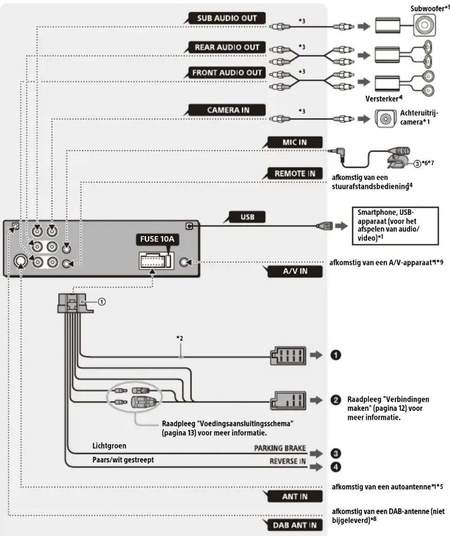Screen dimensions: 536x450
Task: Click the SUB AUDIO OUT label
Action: [x=227, y=18]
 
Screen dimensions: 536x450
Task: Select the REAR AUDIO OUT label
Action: [x=227, y=47]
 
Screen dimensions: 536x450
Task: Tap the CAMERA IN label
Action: [x=228, y=110]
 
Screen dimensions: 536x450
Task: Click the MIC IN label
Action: [x=294, y=142]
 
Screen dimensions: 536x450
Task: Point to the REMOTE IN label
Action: [x=294, y=173]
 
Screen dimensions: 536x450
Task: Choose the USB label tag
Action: [x=247, y=217]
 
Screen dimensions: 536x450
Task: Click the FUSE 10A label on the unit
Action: [x=157, y=239]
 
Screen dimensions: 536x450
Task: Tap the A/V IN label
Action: [x=295, y=271]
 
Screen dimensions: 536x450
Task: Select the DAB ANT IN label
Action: [x=294, y=525]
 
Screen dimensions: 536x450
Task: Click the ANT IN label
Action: [x=294, y=497]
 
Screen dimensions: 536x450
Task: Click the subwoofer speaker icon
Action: [x=424, y=25]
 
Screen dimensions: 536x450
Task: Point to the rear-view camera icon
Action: [x=385, y=119]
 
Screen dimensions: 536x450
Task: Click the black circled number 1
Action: [x=335, y=355]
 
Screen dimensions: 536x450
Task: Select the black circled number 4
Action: [x=335, y=467]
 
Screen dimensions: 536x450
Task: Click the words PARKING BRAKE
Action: [x=280, y=448]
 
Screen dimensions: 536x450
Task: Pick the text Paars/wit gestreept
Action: [x=123, y=460]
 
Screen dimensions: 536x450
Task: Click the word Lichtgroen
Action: [x=109, y=446]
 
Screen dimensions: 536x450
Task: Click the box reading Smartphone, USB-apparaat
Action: [x=395, y=226]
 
